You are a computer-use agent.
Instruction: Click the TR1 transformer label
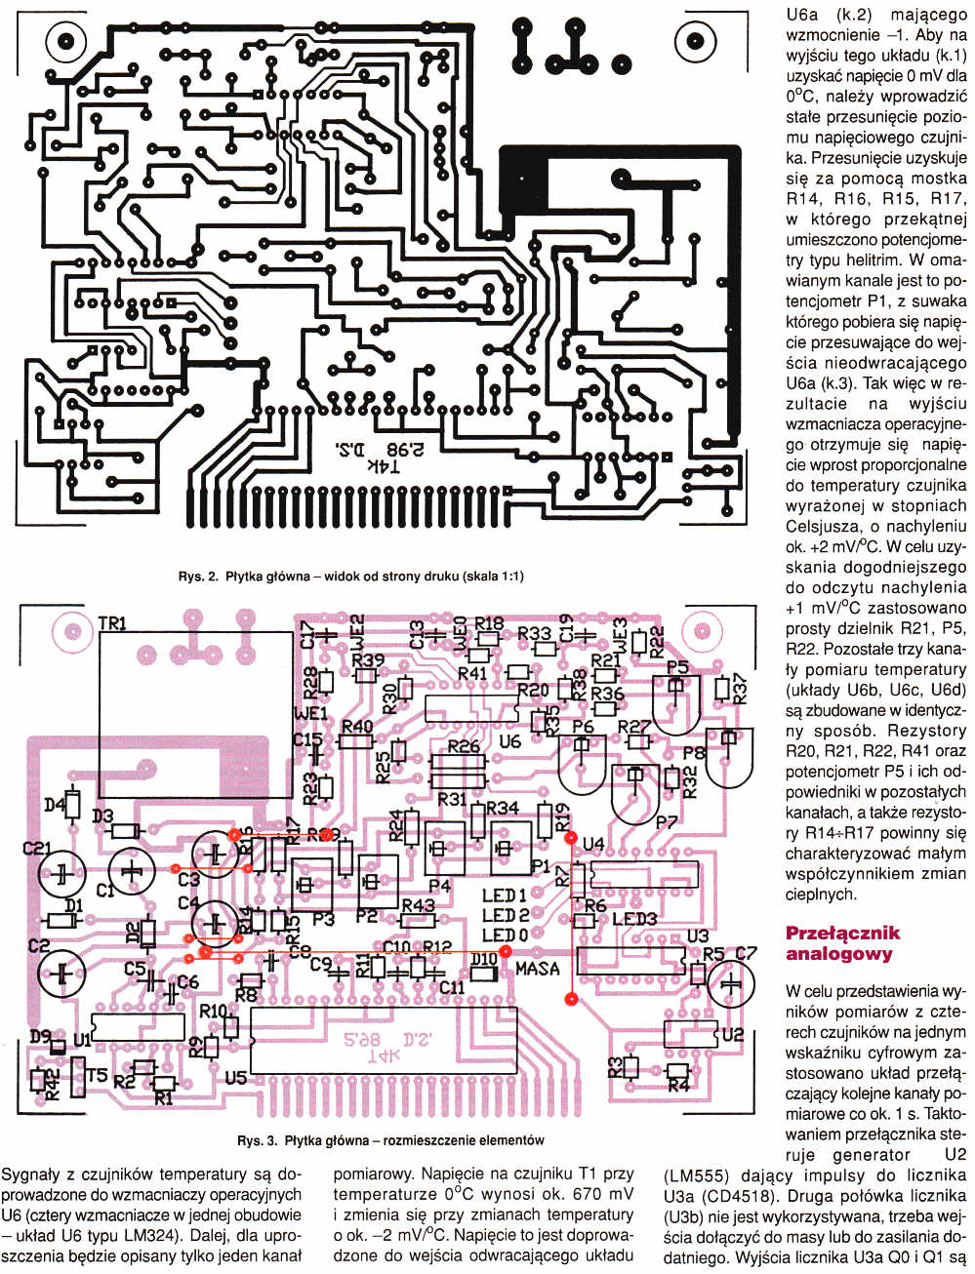click(x=113, y=622)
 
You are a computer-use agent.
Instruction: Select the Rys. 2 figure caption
click(x=350, y=576)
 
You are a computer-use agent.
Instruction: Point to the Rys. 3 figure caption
click(x=390, y=1139)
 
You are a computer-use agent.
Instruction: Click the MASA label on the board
click(x=538, y=968)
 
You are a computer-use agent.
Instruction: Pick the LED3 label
click(x=634, y=920)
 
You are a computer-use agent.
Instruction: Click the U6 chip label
click(x=509, y=741)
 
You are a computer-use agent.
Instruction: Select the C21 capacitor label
click(x=36, y=849)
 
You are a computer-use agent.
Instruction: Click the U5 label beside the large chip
click(x=235, y=1078)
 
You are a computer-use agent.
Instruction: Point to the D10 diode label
click(x=483, y=960)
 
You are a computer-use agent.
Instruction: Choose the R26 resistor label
click(x=464, y=747)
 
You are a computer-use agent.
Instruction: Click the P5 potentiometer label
click(x=676, y=667)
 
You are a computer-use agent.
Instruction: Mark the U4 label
click(x=592, y=844)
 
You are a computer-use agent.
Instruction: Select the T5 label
click(x=96, y=1075)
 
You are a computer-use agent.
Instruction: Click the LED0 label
click(x=505, y=936)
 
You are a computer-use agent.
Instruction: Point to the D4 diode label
click(x=55, y=805)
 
